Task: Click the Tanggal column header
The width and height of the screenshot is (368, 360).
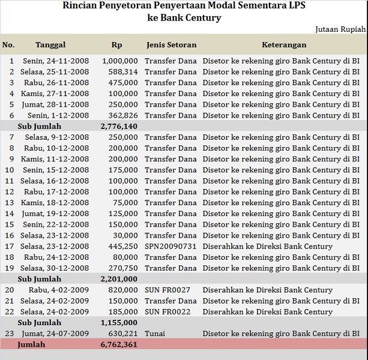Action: tap(50, 45)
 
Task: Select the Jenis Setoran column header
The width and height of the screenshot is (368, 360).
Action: tap(171, 45)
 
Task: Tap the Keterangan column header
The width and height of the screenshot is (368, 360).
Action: tap(284, 45)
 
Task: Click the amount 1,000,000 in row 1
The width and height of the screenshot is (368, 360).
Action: tap(120, 61)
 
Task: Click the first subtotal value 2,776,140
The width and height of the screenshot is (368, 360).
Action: tap(119, 127)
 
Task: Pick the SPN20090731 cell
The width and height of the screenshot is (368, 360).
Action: tap(170, 247)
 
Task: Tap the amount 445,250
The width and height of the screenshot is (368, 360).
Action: tap(122, 247)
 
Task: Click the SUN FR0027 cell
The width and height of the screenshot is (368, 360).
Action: tap(167, 290)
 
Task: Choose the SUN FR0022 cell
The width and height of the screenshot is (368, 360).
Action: tap(167, 312)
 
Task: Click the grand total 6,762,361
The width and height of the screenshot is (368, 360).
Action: tap(119, 345)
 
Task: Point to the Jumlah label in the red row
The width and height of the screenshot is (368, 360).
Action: tap(31, 345)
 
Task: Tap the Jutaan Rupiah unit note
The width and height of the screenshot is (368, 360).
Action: tap(340, 29)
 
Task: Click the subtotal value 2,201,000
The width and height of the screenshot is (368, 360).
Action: tap(119, 279)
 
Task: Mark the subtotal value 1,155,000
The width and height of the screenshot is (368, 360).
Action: tap(119, 323)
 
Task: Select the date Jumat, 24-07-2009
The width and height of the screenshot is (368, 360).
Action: tap(56, 334)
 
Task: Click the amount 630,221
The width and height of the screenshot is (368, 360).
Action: tap(122, 334)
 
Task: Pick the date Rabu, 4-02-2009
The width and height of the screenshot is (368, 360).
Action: tap(59, 290)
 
